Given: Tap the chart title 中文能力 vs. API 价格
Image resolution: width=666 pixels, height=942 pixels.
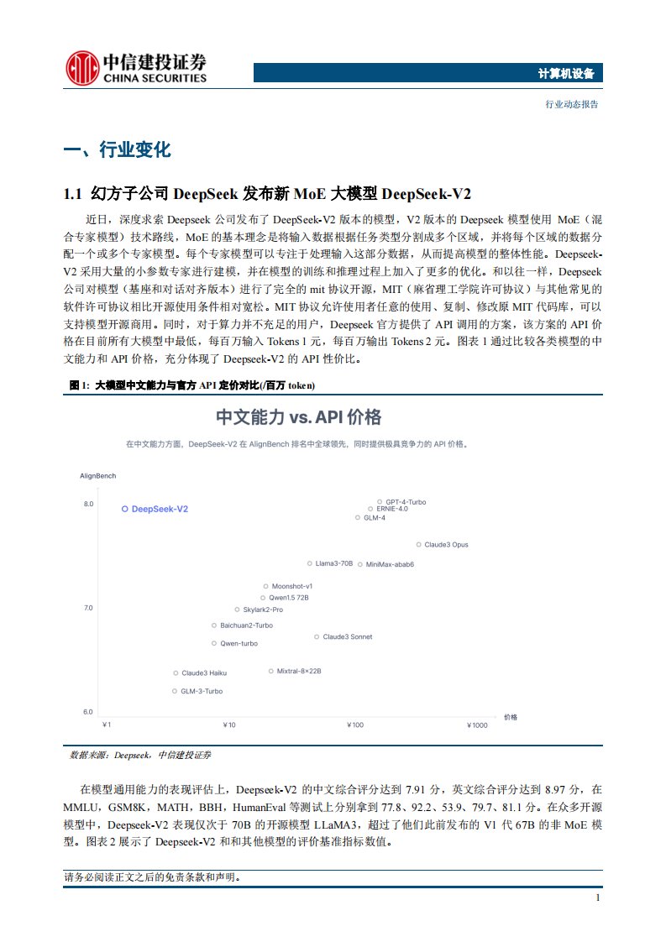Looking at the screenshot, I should pyautogui.click(x=299, y=417).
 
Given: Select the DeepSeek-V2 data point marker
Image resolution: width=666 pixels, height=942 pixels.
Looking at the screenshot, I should pyautogui.click(x=124, y=509).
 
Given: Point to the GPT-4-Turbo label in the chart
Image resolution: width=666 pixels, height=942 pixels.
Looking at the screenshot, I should pyautogui.click(x=406, y=502).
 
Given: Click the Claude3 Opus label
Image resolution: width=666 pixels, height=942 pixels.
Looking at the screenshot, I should pyautogui.click(x=446, y=545).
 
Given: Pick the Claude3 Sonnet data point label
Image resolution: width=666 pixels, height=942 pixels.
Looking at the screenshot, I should pyautogui.click(x=347, y=637).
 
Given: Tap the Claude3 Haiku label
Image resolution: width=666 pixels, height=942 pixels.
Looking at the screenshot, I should pyautogui.click(x=204, y=672).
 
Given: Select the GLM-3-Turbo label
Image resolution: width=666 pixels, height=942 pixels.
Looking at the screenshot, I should pyautogui.click(x=202, y=691).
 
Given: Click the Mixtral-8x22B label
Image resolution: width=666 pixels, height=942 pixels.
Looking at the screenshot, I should pyautogui.click(x=299, y=671).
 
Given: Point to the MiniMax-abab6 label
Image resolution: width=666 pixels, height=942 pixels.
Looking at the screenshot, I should pyautogui.click(x=390, y=564).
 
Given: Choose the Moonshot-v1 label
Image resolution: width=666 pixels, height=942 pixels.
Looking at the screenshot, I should pyautogui.click(x=292, y=586).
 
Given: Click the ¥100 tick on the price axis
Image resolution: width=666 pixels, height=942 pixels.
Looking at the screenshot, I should pyautogui.click(x=355, y=725).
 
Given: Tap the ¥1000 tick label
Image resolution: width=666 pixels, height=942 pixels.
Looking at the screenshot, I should pyautogui.click(x=476, y=725).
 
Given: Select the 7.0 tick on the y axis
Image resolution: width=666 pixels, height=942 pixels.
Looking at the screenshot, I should pyautogui.click(x=87, y=607).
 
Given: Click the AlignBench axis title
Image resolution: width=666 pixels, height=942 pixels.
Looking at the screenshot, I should pyautogui.click(x=97, y=476).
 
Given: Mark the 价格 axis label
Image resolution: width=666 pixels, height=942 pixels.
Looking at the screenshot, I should pyautogui.click(x=511, y=717).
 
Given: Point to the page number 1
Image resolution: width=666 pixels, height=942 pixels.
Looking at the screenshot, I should pyautogui.click(x=596, y=898).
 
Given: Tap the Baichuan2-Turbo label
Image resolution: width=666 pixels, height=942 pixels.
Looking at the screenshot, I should pyautogui.click(x=246, y=625).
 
